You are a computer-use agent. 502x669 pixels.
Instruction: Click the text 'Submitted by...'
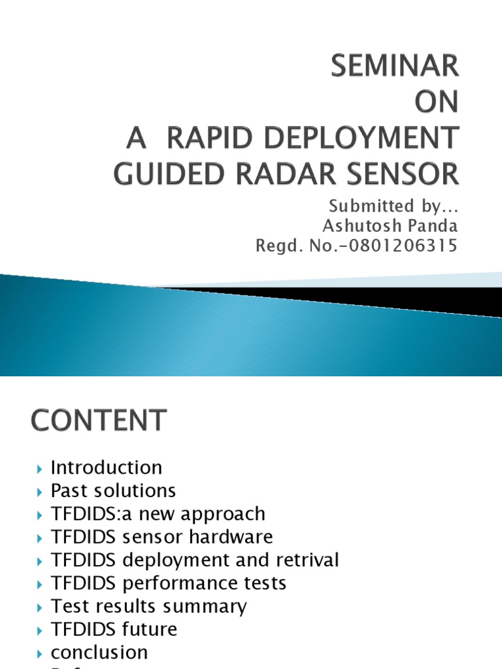point(393,206)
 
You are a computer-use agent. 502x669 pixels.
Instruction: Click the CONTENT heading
point(98,420)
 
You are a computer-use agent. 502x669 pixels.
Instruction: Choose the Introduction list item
point(107,468)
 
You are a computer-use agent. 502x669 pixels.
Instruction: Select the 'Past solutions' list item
point(113,491)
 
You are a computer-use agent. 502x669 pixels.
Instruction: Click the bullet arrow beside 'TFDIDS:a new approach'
point(40,515)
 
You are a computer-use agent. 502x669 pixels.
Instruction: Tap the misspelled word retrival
point(304,560)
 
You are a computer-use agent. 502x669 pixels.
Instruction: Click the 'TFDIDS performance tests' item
point(169,583)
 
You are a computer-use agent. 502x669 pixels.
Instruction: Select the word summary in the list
point(210,606)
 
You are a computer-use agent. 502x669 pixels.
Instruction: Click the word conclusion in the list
point(99,652)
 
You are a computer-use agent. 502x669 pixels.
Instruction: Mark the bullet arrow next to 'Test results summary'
point(40,607)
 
